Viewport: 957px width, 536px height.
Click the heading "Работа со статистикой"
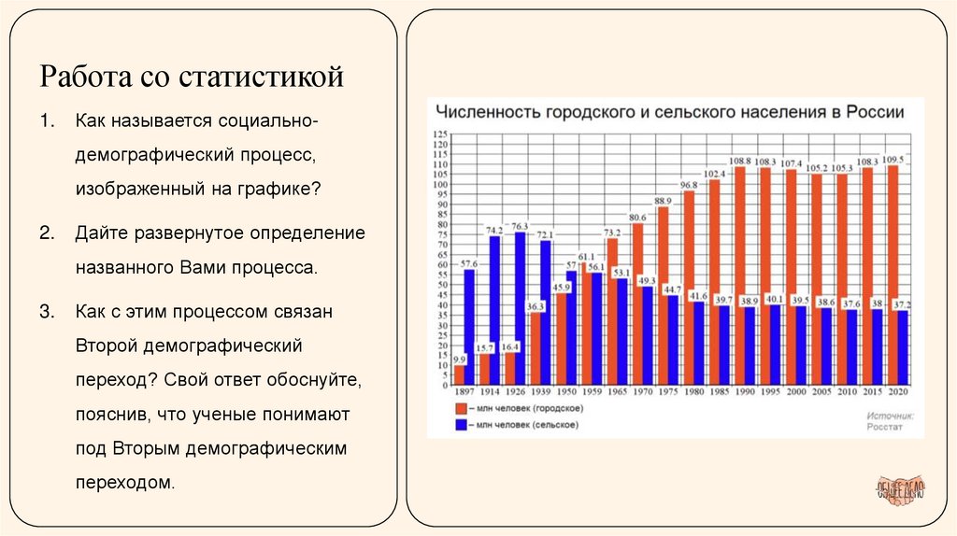coord(191,76)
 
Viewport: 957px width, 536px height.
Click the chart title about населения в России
coord(666,112)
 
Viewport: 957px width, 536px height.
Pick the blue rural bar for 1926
coord(520,308)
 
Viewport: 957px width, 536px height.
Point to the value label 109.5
coord(894,160)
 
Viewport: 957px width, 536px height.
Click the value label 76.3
coord(520,226)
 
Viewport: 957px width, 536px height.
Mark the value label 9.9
coord(459,359)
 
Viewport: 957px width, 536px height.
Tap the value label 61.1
coord(585,256)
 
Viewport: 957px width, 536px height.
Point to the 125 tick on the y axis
coord(439,135)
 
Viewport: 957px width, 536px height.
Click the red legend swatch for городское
coord(461,409)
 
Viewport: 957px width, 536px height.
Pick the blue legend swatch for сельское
coord(461,425)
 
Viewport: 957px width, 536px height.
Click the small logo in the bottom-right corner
coord(900,491)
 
